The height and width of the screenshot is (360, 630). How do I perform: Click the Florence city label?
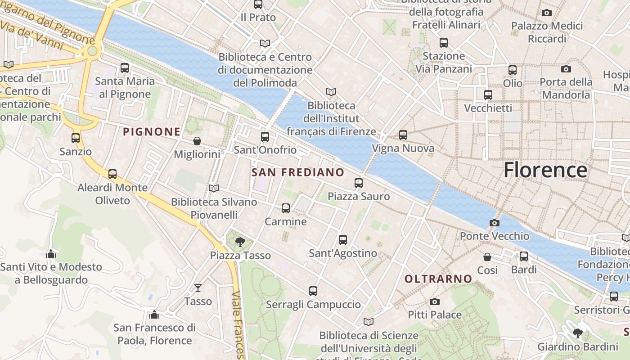545,170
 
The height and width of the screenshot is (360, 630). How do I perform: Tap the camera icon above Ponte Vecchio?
494,223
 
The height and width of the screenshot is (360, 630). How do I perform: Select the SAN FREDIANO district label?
297,172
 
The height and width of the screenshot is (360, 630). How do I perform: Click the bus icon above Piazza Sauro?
358,183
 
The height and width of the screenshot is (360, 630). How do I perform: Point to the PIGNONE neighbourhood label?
152,132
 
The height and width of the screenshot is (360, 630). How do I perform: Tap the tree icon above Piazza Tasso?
240,242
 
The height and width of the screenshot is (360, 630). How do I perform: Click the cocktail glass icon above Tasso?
198,288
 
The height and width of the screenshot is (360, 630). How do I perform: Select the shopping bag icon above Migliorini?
197,141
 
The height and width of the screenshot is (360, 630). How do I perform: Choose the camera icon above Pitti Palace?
434,301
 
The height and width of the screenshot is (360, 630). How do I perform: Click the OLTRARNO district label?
438,279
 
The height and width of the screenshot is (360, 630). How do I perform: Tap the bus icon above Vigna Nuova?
403,135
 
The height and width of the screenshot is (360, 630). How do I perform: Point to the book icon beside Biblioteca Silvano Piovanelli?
214,188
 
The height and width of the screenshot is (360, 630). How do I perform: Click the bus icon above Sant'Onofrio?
265,137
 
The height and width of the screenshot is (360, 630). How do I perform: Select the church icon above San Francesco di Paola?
154,314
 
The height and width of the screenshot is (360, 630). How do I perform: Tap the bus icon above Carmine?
286,208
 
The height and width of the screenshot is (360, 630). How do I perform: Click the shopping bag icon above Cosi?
487,257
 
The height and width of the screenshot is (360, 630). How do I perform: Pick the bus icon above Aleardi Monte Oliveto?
112,174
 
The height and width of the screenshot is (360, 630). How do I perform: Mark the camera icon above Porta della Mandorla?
566,69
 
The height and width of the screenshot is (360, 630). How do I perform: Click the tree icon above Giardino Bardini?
577,333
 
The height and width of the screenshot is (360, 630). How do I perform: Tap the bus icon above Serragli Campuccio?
313,291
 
